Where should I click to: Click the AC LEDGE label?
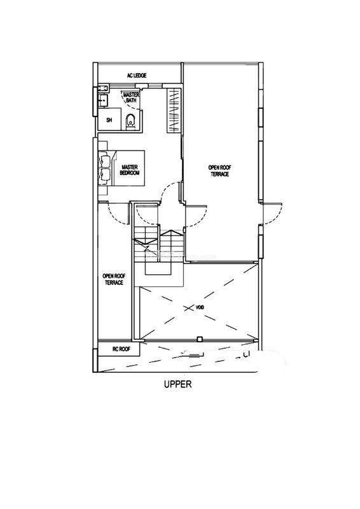pos(136,75)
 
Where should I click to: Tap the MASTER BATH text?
pos(132,97)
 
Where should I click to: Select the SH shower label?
pos(109,120)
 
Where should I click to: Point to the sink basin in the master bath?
pos(103,100)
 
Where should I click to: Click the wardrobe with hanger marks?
pos(174,110)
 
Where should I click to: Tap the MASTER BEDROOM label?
pos(130,170)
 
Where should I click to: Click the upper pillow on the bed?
pos(105,160)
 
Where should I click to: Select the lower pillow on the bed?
pos(105,176)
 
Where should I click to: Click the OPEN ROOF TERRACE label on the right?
pos(220,171)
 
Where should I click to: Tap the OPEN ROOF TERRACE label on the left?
pos(114,279)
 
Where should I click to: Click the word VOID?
pos(200,307)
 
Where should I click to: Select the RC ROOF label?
pos(121,349)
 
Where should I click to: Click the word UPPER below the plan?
pos(178,384)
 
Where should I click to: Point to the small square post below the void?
pos(199,340)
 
